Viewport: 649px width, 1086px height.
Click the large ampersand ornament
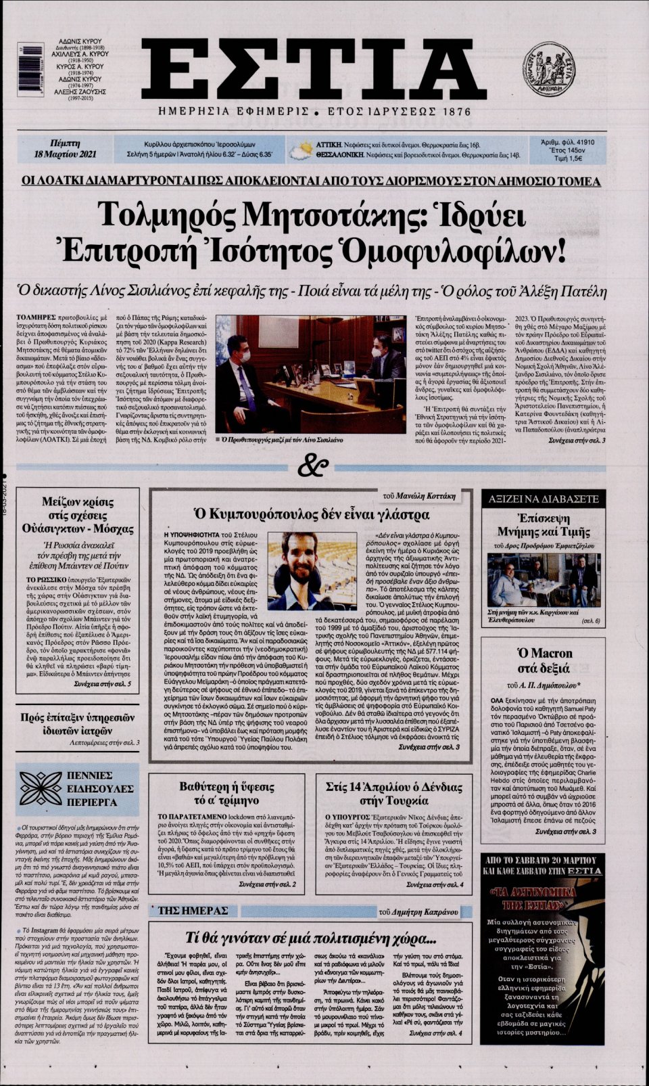(x=315, y=466)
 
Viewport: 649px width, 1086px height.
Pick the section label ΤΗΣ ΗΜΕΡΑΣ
(x=193, y=911)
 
